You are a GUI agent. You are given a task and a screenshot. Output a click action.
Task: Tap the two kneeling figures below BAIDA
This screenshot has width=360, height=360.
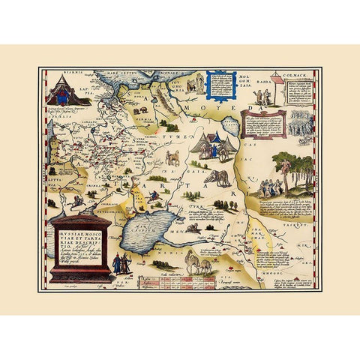(262, 100)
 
